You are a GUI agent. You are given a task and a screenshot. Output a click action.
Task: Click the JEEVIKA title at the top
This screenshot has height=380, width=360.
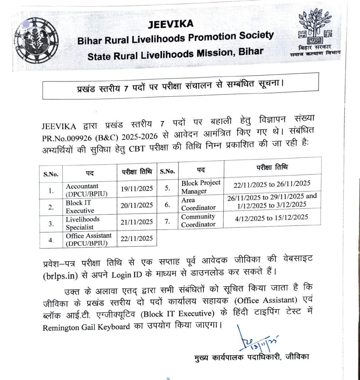tap(170, 24)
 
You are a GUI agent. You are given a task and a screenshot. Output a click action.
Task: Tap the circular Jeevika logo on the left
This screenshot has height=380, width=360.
tap(36, 39)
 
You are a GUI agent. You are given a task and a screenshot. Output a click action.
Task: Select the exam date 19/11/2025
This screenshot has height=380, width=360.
tap(137, 189)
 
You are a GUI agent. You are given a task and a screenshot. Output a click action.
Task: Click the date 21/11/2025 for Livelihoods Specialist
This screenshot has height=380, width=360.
tap(137, 222)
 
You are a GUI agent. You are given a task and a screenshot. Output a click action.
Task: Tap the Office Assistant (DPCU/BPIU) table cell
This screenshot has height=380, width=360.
tap(88, 239)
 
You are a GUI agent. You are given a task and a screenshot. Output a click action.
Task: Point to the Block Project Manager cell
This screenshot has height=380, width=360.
tap(201, 187)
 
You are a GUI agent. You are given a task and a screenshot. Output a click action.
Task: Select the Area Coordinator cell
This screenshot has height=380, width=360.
tap(198, 204)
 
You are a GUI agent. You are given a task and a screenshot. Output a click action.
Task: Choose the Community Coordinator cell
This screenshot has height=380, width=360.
tap(198, 220)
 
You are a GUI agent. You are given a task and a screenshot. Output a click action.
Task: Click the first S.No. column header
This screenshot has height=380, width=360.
tap(51, 174)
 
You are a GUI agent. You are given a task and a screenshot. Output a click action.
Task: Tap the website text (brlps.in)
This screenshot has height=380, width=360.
tap(60, 275)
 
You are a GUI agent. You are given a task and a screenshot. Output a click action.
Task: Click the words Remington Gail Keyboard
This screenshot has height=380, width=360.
tap(86, 327)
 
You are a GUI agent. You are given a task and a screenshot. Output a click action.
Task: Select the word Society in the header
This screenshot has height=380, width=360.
tap(256, 36)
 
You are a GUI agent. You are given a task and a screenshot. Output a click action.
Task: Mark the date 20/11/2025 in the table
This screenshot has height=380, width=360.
tap(137, 205)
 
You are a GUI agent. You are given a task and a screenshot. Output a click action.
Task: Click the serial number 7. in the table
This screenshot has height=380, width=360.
tap(167, 221)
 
